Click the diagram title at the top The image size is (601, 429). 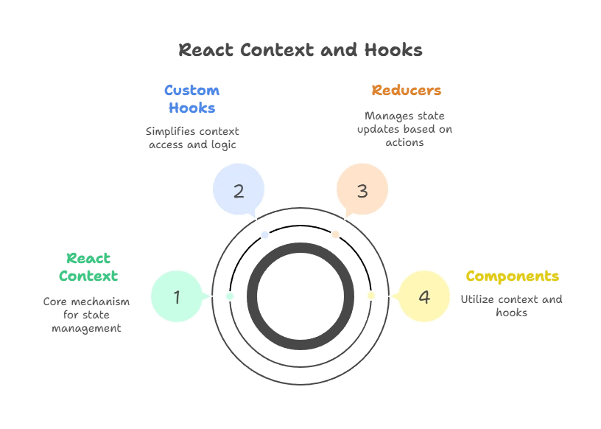click(300, 50)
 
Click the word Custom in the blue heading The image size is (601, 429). click(192, 91)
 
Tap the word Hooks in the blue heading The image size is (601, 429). click(192, 108)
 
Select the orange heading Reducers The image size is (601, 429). click(407, 91)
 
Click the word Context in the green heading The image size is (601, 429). click(88, 276)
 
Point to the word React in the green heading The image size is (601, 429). click(88, 259)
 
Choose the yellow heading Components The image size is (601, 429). click(513, 276)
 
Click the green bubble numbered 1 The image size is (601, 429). click(177, 297)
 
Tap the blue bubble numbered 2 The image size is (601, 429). click(239, 191)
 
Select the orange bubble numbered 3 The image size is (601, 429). click(362, 191)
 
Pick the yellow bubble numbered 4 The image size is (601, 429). click(424, 297)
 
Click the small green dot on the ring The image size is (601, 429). click(230, 296)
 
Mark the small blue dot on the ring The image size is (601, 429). click(265, 234)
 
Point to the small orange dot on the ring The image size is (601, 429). click(336, 234)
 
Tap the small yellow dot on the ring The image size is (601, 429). click(371, 296)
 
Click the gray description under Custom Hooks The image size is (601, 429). click(192, 138)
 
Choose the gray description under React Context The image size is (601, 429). click(85, 315)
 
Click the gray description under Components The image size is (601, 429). click(513, 306)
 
